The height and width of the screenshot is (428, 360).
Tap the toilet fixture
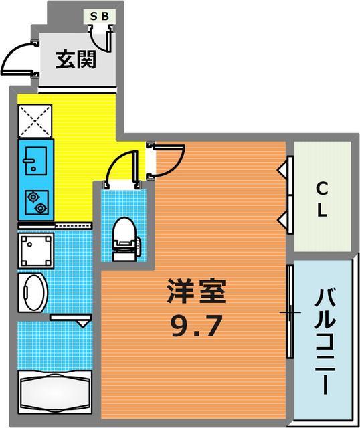[x=125, y=238]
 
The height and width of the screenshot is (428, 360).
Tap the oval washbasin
[x=33, y=292]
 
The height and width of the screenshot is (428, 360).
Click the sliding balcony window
[x=290, y=312]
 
